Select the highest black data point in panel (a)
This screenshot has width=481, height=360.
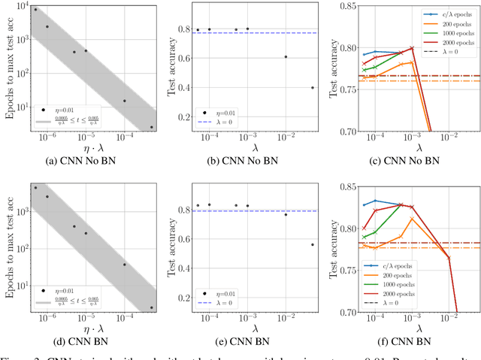coord(35,10)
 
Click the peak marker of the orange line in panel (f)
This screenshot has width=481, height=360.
coord(412,219)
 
